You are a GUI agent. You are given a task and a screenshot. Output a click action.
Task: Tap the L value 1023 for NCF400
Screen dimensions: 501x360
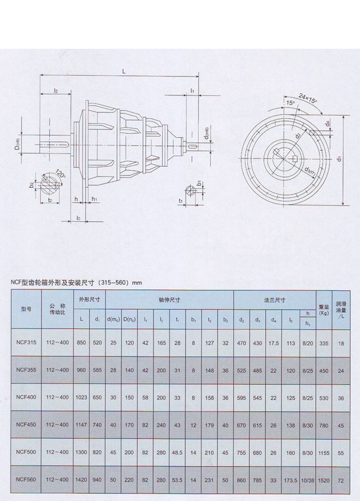coord(81,397)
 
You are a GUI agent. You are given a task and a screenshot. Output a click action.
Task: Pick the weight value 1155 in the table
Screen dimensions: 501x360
coord(325,452)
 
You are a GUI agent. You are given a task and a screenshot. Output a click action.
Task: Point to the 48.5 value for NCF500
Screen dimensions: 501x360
coord(177,452)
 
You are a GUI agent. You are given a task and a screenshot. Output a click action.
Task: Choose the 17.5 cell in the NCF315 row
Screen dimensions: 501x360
coord(274,343)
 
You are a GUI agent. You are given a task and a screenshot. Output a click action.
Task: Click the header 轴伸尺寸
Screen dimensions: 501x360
coord(169,300)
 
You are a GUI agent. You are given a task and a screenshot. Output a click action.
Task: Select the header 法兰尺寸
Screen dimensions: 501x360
coord(274,300)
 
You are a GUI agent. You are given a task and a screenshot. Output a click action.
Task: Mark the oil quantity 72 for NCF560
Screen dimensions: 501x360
coord(341,479)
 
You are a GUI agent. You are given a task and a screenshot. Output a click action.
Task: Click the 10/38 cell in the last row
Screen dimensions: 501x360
coord(307,479)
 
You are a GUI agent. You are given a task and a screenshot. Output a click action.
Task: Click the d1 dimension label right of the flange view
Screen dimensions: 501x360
coord(339,159)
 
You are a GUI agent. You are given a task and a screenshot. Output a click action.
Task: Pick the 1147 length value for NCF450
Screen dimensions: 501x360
coord(81,425)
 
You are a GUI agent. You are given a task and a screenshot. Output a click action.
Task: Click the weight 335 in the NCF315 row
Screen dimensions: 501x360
coord(325,343)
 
